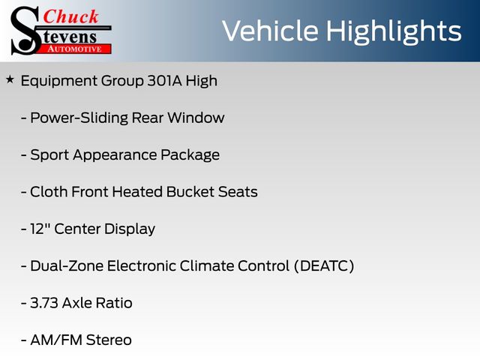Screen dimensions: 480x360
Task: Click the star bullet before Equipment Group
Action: pyautogui.click(x=10, y=80)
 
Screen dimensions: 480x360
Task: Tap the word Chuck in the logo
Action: pyautogui.click(x=70, y=16)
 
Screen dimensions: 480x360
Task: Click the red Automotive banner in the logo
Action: pyautogui.click(x=75, y=49)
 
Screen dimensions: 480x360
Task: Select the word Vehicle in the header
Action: pyautogui.click(x=270, y=31)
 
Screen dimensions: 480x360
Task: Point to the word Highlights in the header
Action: pyautogui.click(x=393, y=32)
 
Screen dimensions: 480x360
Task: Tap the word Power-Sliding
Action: pyautogui.click(x=79, y=118)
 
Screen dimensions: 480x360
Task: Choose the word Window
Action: pyautogui.click(x=196, y=118)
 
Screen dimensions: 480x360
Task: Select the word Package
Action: pyautogui.click(x=190, y=155)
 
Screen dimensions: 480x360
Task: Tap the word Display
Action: pyautogui.click(x=130, y=229)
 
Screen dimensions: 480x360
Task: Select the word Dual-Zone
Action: pyautogui.click(x=67, y=265)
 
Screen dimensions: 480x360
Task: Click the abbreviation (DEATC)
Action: pyautogui.click(x=324, y=265)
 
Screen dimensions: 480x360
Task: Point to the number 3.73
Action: pyautogui.click(x=44, y=303)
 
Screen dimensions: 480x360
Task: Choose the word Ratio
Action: pyautogui.click(x=114, y=303)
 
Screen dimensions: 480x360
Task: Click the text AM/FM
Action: pyautogui.click(x=56, y=340)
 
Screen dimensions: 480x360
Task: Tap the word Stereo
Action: pyautogui.click(x=109, y=340)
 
